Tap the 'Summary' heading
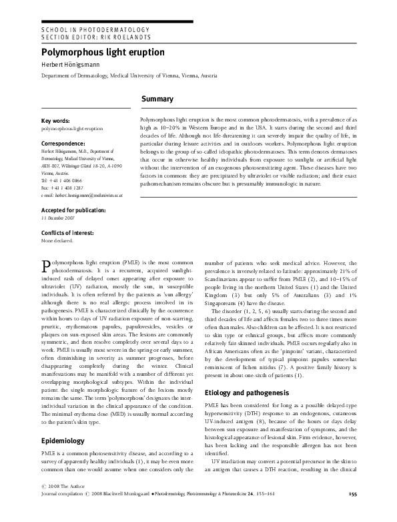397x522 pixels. click(157, 99)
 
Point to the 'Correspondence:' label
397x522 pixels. click(65, 144)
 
